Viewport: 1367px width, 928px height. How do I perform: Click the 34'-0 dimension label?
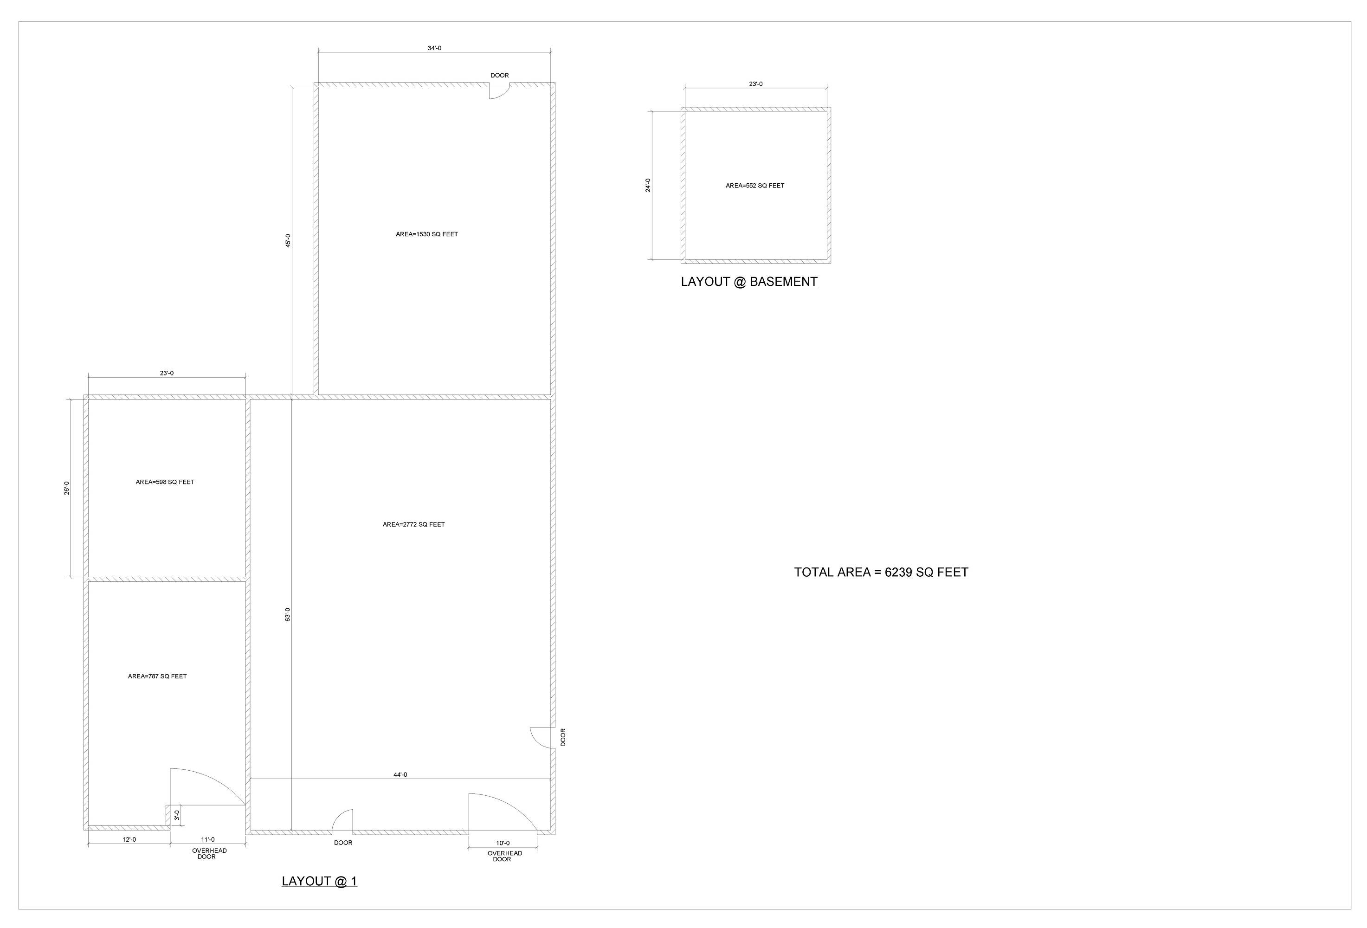[434, 48]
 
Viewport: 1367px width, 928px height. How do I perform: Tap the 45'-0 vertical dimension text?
[288, 240]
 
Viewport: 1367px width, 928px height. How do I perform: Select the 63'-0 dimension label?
[288, 614]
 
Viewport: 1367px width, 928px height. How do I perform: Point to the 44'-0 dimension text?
[400, 774]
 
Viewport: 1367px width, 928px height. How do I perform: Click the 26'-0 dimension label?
[67, 488]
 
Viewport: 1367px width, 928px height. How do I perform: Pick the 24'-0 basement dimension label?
[648, 185]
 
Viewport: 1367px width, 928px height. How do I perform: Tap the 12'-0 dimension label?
[129, 839]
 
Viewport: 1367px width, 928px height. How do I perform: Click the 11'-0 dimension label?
[207, 839]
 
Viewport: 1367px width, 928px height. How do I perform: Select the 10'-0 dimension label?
[503, 843]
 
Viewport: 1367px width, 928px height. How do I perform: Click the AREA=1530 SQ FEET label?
[427, 234]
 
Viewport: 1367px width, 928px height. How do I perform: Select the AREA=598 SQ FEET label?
[165, 482]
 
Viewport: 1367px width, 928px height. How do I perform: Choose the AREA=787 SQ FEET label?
[158, 677]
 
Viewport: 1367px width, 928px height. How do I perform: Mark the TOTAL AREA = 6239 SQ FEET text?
[881, 572]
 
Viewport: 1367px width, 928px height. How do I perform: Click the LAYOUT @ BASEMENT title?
[749, 282]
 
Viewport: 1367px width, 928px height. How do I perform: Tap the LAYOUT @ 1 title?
[319, 881]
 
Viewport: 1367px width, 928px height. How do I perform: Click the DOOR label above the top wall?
[500, 75]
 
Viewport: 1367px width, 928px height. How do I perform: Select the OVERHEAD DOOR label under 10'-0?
[505, 856]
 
